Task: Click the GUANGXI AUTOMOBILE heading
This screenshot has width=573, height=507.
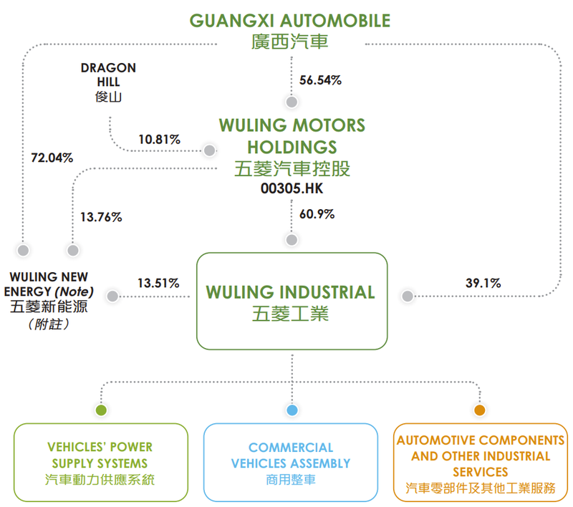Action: coord(290,19)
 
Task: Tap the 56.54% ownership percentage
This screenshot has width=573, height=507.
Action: coord(320,80)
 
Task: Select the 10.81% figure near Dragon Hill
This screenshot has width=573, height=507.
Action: coord(159,140)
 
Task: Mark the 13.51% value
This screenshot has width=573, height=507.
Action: coord(158,283)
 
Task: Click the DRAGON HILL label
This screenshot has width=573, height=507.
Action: coord(108,75)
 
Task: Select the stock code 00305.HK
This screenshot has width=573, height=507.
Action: coord(292,189)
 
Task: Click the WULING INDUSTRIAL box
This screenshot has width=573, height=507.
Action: coord(292,301)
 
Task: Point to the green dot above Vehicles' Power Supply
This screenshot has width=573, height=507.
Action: coord(101,410)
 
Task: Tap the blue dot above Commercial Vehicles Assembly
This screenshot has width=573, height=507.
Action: coord(292,410)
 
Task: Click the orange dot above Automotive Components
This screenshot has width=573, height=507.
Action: coord(480,410)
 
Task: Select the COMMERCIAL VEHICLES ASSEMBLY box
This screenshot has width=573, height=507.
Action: coord(291,463)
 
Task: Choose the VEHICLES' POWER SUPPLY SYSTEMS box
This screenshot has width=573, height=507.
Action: coord(100,463)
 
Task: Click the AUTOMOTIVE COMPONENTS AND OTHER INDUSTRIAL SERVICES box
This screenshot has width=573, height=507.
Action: coord(480,463)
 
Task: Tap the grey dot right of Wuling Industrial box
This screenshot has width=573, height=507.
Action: coord(408,296)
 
